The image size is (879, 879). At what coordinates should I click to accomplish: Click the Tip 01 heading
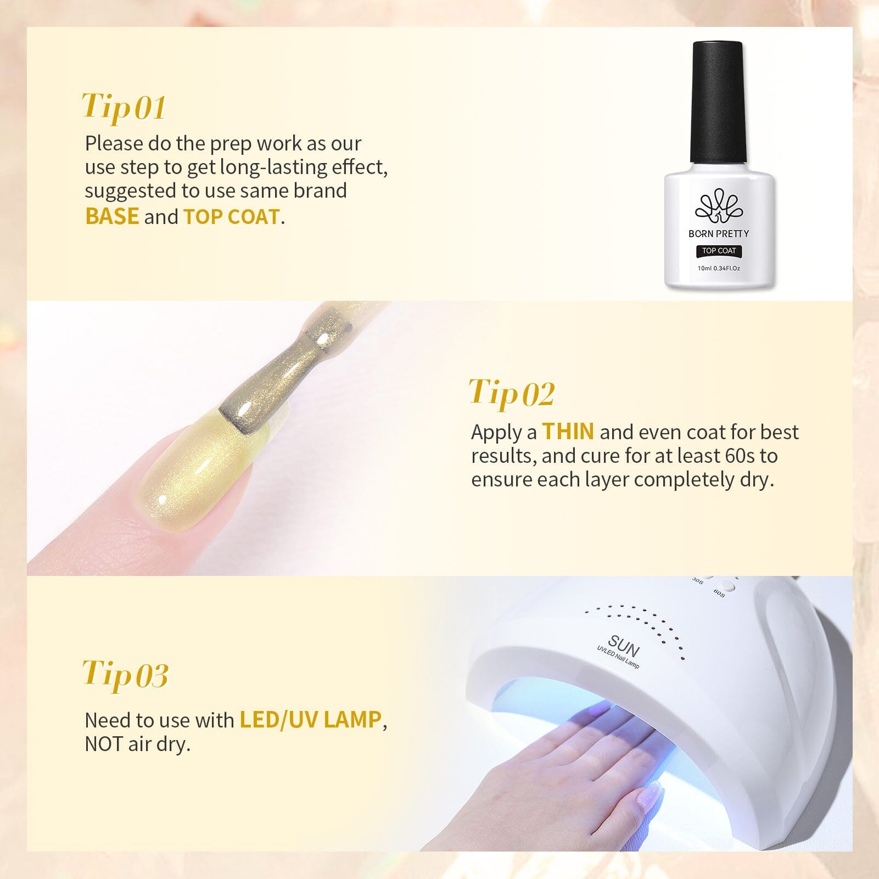point(124,107)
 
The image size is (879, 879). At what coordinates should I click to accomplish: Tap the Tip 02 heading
point(512,393)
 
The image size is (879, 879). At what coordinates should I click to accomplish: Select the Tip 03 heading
point(125,674)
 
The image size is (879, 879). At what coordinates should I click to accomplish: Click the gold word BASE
point(112,216)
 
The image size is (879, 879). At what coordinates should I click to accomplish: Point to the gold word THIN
point(568,432)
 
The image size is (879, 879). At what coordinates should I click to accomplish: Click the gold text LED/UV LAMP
point(311,720)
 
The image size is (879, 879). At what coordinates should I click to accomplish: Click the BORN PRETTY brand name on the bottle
point(719,234)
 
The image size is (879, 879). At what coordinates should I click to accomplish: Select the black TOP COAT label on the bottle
point(719,251)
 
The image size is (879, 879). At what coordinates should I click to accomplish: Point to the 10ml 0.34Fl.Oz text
point(719,268)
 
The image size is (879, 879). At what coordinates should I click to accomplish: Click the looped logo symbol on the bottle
point(718,206)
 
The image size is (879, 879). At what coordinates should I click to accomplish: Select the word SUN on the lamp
point(624,647)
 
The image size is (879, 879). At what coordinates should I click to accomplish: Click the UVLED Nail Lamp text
point(618,658)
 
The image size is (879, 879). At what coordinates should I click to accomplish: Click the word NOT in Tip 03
point(104,744)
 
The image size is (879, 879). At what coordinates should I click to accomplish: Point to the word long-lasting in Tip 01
point(273,168)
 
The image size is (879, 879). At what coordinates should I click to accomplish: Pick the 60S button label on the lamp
point(719,594)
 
